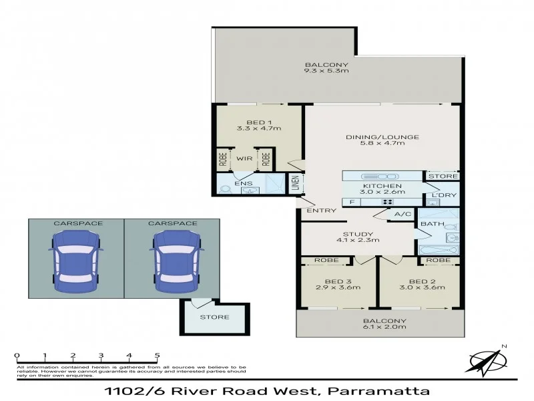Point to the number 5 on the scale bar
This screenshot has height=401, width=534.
(157, 356)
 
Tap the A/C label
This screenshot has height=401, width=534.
(402, 215)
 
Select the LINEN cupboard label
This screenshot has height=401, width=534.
(294, 182)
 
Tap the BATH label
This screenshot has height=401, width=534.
(428, 224)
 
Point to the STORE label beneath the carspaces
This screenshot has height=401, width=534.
(214, 317)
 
